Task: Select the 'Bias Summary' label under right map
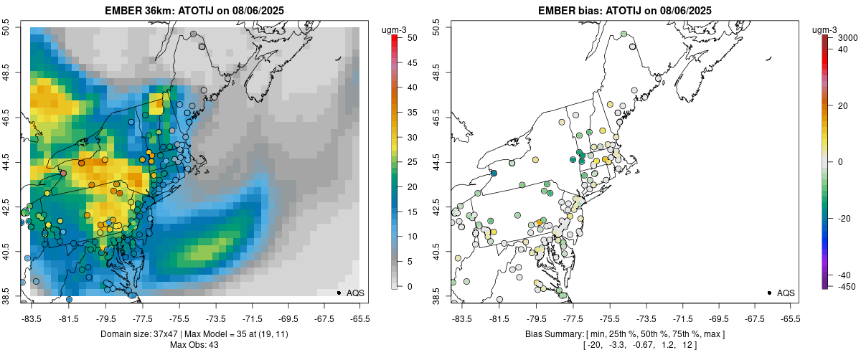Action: pos(552,334)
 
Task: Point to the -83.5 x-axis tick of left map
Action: pos(32,318)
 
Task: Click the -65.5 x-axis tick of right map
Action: pos(790,318)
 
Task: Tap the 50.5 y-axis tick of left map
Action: pos(7,28)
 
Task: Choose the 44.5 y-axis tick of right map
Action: pos(438,162)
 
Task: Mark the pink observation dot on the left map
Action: pos(63,174)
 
